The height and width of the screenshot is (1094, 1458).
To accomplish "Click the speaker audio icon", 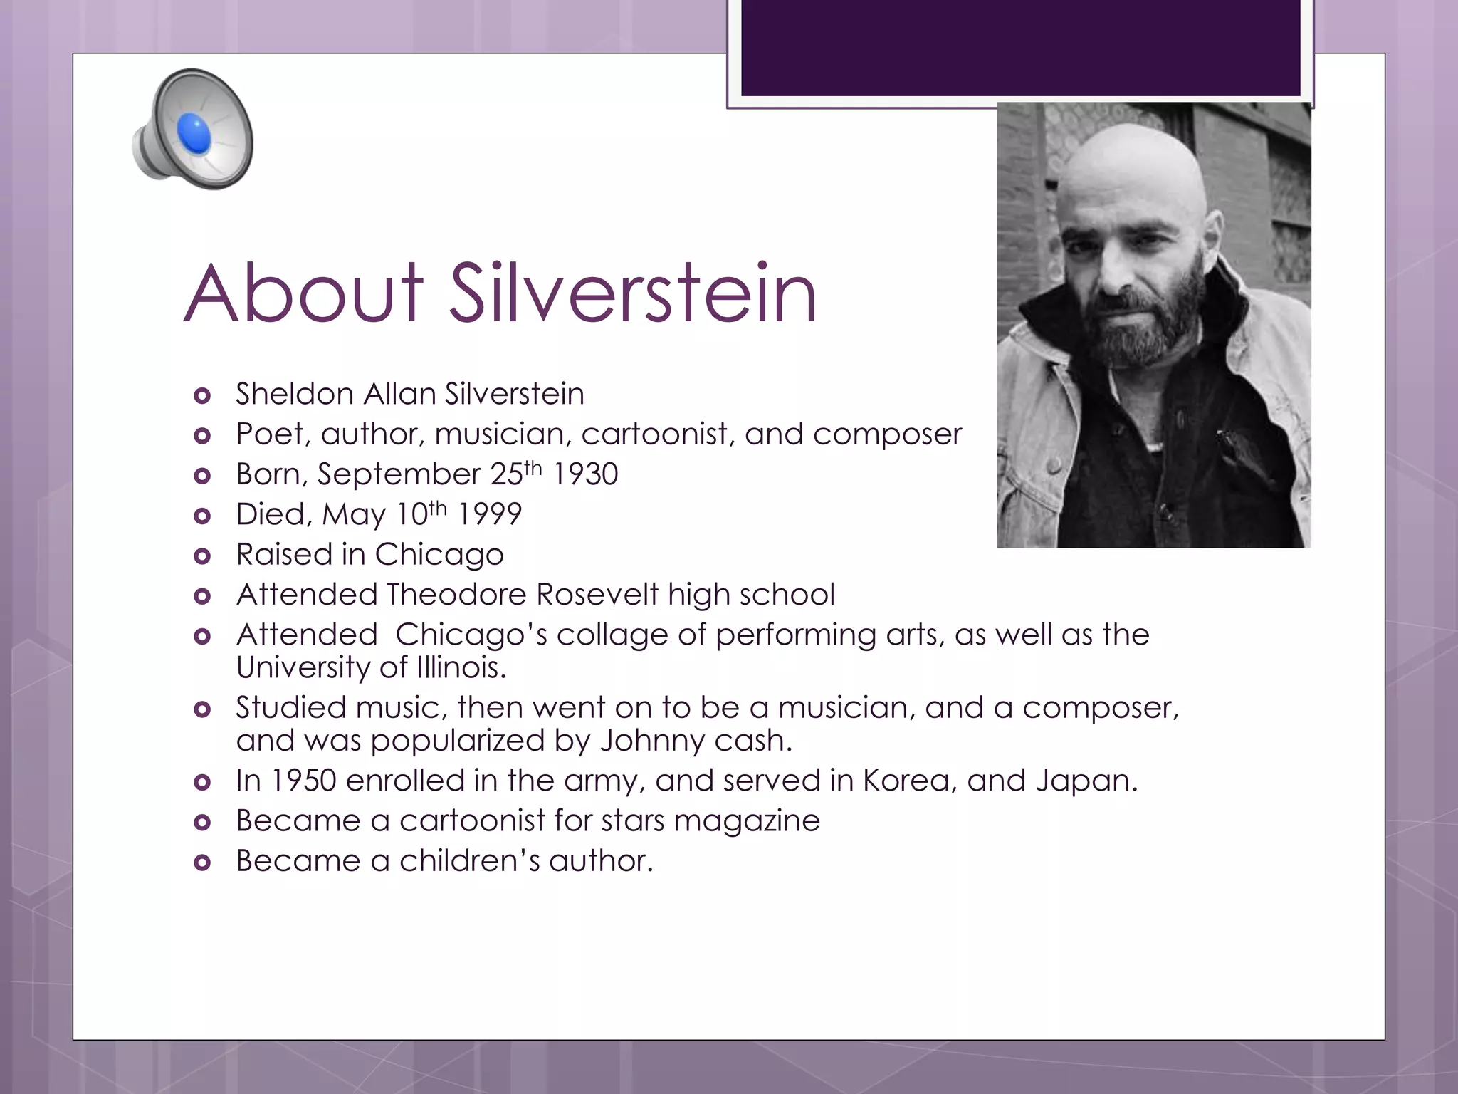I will click(x=193, y=129).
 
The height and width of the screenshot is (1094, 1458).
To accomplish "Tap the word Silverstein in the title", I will click(x=633, y=293).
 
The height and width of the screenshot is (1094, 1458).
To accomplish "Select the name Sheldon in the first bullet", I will click(x=295, y=394).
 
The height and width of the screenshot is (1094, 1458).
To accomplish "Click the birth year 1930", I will click(x=585, y=474).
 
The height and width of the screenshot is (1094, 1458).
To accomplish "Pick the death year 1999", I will click(x=489, y=514).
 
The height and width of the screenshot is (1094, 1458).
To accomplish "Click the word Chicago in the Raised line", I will click(x=439, y=555).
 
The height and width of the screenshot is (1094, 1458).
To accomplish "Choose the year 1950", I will click(x=304, y=781).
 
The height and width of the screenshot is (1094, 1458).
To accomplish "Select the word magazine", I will click(x=747, y=821).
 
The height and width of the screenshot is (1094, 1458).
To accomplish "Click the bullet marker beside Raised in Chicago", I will click(x=203, y=556).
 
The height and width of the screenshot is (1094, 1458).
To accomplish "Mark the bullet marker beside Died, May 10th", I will click(x=203, y=516).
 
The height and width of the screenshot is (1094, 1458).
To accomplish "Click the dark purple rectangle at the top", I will click(x=1020, y=47).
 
